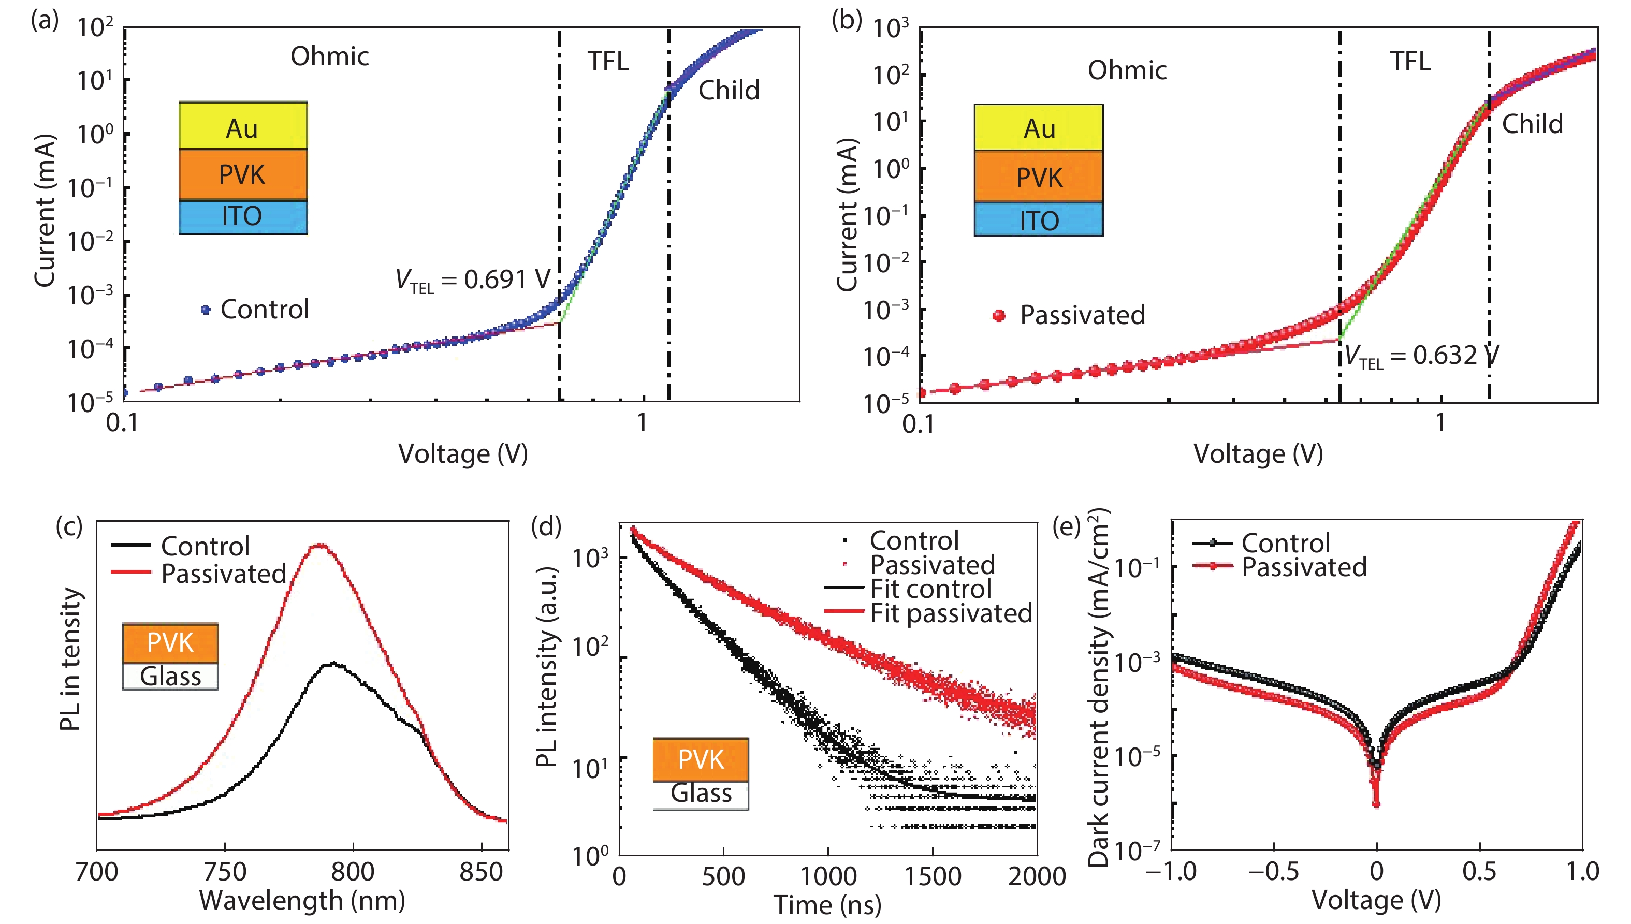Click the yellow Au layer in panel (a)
click(242, 127)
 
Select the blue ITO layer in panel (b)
click(1039, 220)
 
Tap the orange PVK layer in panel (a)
click(242, 174)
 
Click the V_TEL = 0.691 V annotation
click(473, 280)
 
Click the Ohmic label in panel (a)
click(329, 56)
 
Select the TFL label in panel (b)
click(1410, 62)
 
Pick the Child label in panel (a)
click(729, 90)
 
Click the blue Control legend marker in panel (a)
click(206, 310)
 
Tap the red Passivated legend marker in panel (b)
click(999, 315)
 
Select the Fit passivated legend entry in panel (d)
click(950, 613)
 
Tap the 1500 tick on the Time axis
click(933, 876)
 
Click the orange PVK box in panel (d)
click(701, 759)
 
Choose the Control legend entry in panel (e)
click(1285, 543)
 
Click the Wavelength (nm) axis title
click(302, 901)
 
